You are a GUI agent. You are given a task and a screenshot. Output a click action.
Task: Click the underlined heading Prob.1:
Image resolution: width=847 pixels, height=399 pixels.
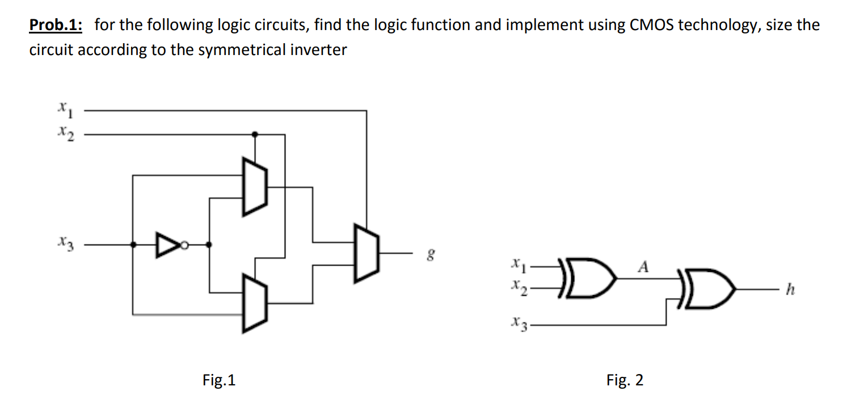pyautogui.click(x=56, y=26)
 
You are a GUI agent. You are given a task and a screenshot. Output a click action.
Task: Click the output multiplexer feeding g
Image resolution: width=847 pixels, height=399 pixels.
pyautogui.click(x=366, y=253)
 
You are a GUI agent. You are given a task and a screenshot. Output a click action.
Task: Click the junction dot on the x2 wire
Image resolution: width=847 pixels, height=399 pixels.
pyautogui.click(x=255, y=135)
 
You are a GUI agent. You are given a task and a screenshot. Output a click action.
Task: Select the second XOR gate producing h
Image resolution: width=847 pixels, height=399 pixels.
pyautogui.click(x=709, y=291)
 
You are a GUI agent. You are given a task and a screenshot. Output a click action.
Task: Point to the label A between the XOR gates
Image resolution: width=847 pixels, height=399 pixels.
pyautogui.click(x=643, y=266)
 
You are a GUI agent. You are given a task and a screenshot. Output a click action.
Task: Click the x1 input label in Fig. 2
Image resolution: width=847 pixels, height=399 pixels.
pyautogui.click(x=517, y=264)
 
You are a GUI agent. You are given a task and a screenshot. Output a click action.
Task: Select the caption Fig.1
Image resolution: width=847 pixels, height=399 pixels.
pyautogui.click(x=218, y=380)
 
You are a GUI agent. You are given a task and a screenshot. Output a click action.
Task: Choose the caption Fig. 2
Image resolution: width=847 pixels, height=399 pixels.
pyautogui.click(x=625, y=380)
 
